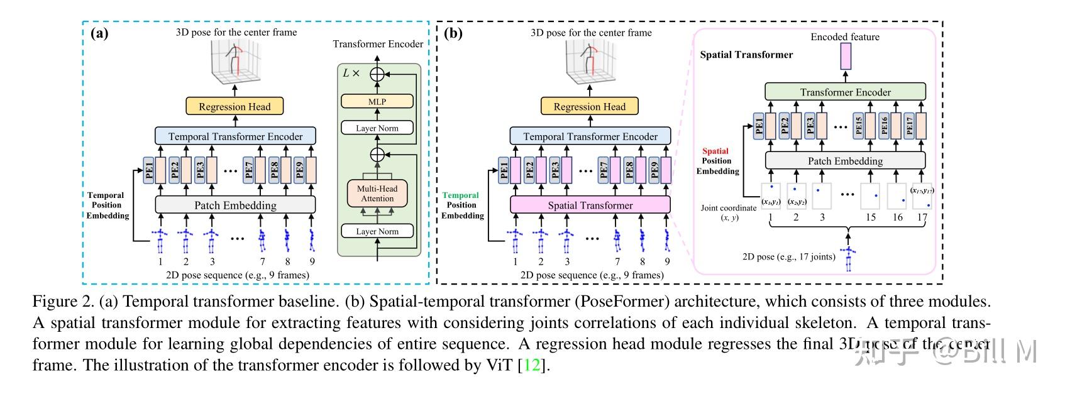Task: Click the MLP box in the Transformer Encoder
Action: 377,101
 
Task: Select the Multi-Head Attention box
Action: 377,194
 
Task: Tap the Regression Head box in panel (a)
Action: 235,106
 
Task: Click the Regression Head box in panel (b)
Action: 589,106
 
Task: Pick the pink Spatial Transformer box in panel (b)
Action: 590,205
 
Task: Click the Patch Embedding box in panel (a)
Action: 235,205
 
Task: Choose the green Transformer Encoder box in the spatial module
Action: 845,92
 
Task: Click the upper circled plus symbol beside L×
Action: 377,74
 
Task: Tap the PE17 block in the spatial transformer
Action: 909,126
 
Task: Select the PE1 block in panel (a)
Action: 149,170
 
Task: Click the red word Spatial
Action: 715,151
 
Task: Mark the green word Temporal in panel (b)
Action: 460,195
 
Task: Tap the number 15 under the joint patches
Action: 870,217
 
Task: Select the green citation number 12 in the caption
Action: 532,365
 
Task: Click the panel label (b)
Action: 453,33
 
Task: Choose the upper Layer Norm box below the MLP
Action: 377,128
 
